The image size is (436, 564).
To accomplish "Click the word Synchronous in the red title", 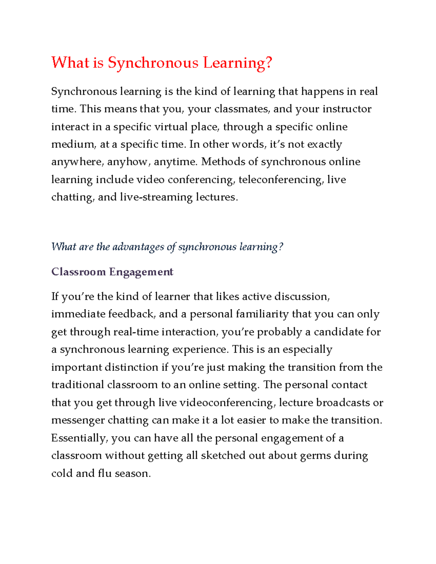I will click(153, 63).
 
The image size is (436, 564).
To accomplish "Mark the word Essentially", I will click(80, 438).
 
